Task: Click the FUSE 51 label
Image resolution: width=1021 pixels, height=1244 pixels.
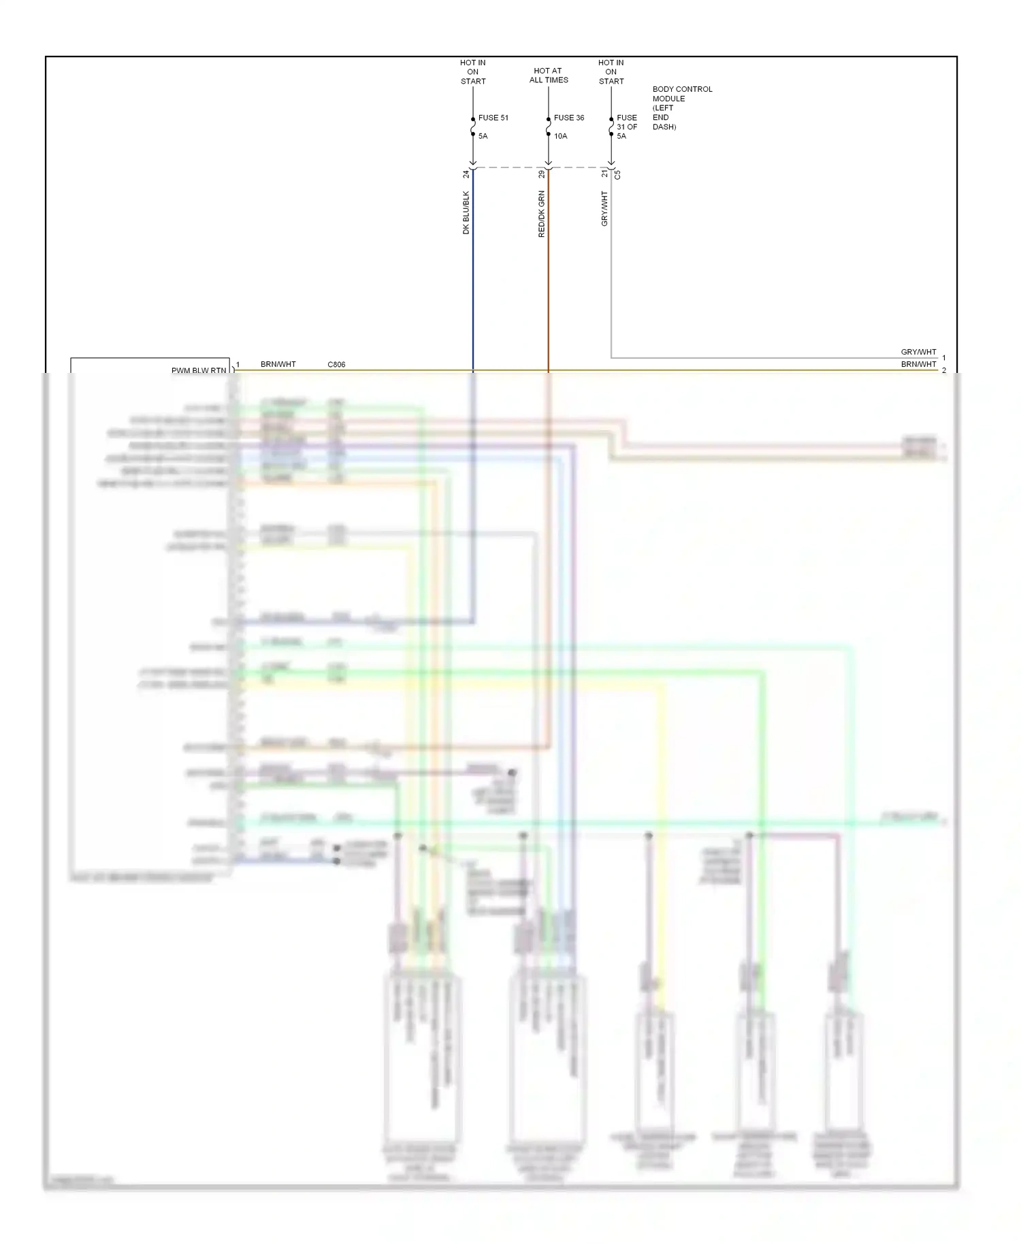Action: pos(493,118)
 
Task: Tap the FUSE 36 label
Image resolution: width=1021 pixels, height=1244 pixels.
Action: pos(568,118)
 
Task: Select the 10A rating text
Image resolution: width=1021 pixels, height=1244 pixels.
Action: pos(560,136)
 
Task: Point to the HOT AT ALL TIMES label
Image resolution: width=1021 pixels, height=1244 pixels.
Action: pos(548,75)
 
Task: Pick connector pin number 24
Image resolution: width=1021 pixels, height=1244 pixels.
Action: pos(466,174)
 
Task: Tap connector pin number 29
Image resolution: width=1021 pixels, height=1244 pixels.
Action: pos(542,174)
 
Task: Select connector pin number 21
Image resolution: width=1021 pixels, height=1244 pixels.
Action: pos(604,174)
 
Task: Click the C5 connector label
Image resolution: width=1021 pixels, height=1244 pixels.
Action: pos(618,174)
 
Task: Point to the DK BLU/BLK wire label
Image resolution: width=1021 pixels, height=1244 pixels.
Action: pos(466,212)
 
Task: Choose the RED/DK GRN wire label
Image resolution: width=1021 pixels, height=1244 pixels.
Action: pos(542,214)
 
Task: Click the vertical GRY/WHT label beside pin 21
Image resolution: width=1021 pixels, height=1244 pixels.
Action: pos(604,208)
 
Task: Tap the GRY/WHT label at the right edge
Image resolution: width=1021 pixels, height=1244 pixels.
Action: pos(918,352)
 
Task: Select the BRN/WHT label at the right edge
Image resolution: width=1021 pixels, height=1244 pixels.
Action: pos(918,364)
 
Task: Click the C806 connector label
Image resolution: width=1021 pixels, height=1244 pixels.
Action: pos(336,365)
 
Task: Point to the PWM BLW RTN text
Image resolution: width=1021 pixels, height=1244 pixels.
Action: pos(199,371)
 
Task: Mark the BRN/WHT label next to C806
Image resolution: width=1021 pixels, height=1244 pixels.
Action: pos(278,365)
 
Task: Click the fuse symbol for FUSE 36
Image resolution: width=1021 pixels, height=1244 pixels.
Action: pos(548,127)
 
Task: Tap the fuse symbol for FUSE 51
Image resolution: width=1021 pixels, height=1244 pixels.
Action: pos(473,127)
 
